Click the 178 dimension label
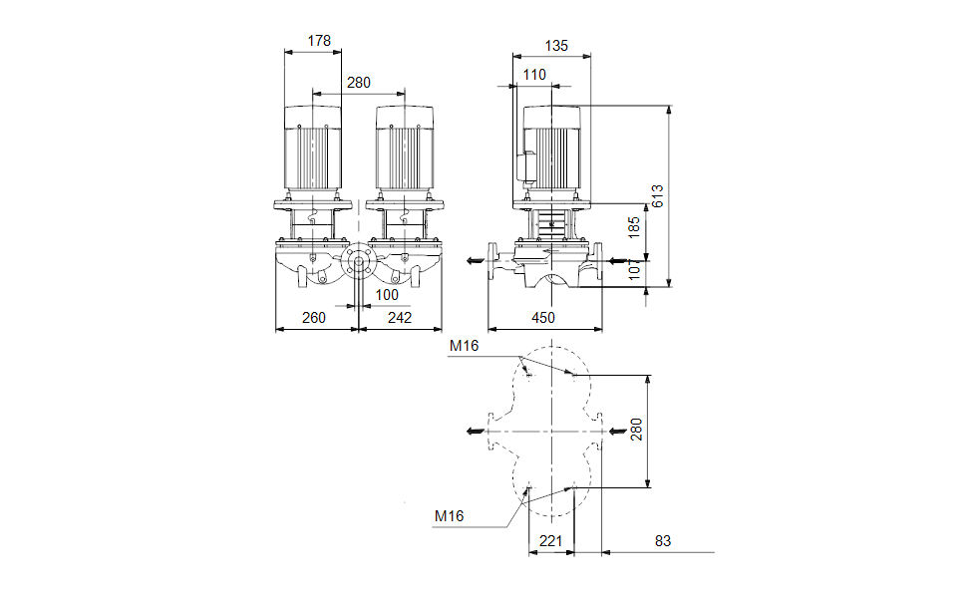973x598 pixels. pos(319,41)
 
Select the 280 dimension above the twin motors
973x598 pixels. pos(359,83)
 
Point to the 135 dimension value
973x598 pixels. pos(556,45)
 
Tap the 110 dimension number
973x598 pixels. pos(534,75)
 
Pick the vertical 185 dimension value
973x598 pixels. pos(634,228)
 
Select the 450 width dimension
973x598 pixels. pos(544,318)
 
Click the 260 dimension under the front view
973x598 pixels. pos(315,318)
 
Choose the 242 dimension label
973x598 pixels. pos(399,318)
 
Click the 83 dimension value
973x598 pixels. pos(663,541)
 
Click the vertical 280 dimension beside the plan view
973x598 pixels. pos(637,431)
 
